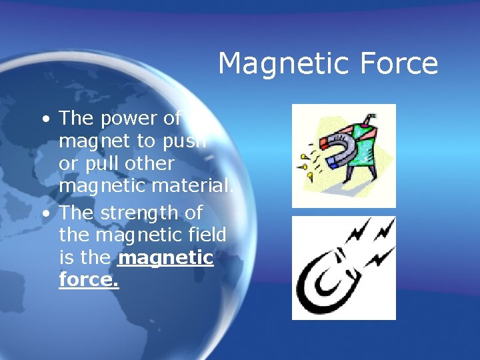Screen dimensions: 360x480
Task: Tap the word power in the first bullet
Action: [128, 118]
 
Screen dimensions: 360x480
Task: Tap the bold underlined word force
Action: [89, 281]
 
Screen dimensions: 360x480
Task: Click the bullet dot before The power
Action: [43, 119]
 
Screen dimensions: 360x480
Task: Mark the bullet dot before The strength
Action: [43, 214]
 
